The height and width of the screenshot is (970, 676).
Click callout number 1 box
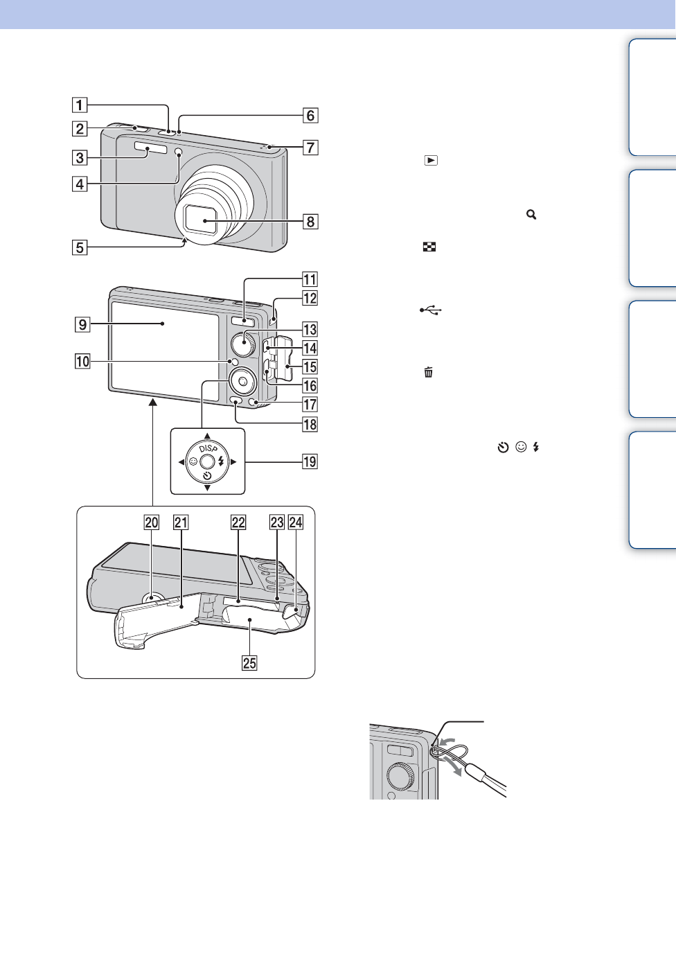[80, 105]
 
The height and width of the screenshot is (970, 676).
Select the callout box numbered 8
[310, 222]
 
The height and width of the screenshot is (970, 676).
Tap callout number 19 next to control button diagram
[310, 461]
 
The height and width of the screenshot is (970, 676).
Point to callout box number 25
[249, 663]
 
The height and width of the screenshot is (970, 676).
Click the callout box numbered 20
[152, 522]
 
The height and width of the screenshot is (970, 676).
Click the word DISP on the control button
[208, 449]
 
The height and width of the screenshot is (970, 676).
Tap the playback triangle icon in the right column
[431, 160]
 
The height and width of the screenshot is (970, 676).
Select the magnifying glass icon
[531, 215]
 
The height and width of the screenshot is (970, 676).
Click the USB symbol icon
[430, 310]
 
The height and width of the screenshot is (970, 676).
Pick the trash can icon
[429, 373]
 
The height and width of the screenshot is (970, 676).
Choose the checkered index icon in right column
[429, 247]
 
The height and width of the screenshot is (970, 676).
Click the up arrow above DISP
[207, 436]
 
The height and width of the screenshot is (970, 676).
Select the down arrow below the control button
[207, 488]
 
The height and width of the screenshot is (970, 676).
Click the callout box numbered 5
[80, 247]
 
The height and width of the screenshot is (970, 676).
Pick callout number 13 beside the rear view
[310, 330]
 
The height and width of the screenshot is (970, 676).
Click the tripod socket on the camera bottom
[152, 597]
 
